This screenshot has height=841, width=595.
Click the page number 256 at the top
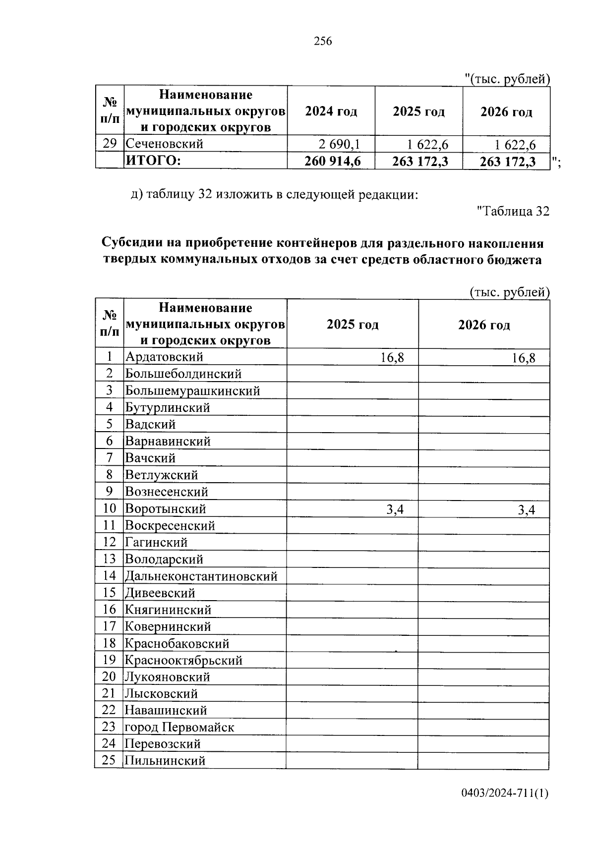(323, 42)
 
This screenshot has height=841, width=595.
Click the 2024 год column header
(331, 112)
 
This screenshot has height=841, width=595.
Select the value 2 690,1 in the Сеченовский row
(340, 145)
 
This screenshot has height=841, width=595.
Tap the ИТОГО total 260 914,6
(333, 162)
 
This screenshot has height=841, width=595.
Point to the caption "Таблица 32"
(513, 212)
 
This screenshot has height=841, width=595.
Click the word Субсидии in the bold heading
(134, 244)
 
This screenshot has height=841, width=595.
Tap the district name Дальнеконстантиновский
(201, 576)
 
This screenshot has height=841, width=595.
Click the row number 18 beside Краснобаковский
(109, 643)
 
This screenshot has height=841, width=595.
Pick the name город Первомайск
(179, 728)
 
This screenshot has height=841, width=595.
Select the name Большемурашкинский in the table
(192, 391)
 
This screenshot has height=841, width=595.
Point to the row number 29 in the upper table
(110, 144)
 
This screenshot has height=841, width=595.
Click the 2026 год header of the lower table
(483, 325)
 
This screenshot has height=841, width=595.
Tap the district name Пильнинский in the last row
(165, 761)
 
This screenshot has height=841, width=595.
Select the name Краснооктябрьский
(183, 661)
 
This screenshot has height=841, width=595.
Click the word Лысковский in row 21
(161, 694)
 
